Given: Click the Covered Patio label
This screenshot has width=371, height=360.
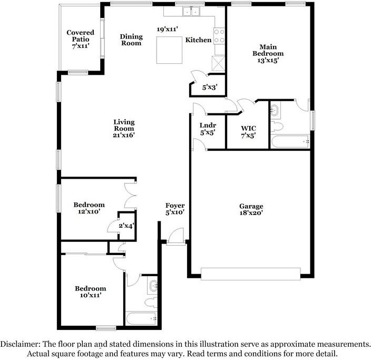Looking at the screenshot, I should click(80, 40).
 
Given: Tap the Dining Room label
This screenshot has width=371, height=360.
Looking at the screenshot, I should click(131, 40).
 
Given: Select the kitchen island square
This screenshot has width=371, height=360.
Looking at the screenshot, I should click(169, 50).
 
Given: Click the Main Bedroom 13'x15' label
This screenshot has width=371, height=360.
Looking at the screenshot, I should click(268, 53).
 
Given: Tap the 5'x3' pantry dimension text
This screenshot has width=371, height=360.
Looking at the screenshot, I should click(210, 88).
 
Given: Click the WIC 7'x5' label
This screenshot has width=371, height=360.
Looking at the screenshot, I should click(248, 132).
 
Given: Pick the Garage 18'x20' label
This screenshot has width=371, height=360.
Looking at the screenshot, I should click(250, 210).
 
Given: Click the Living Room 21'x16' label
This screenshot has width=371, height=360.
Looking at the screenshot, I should click(124, 129).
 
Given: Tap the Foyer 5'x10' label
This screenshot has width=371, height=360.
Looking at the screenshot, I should click(174, 209).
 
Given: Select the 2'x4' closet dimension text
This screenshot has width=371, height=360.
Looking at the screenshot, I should click(126, 226).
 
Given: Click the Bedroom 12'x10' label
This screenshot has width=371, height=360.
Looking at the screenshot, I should click(89, 208).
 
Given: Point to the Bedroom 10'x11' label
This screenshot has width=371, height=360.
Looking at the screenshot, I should click(90, 292).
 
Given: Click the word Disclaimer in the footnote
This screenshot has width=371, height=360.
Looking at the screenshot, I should click(19, 344).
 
